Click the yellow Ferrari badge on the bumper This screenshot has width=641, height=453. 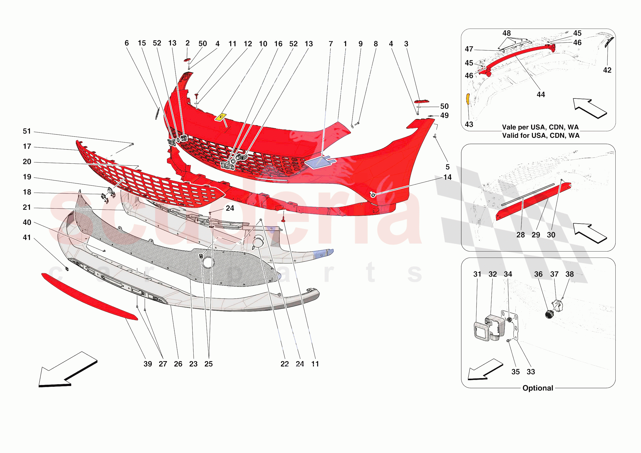point(221,117)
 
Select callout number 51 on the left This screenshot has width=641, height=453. point(27,131)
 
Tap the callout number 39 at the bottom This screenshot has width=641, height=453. point(148,364)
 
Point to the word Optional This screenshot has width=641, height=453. point(538,388)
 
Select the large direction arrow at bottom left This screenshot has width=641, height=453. point(67,370)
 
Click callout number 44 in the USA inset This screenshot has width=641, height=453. point(541,94)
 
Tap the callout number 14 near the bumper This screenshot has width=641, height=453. point(447,177)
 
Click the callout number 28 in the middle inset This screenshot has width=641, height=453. point(520,235)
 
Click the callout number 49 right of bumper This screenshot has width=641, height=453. point(444,115)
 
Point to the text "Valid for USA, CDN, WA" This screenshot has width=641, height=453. point(541,136)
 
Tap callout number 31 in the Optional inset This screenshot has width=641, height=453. point(477,274)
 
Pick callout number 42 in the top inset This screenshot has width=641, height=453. point(607,70)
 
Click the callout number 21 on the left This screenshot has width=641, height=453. point(27,207)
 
